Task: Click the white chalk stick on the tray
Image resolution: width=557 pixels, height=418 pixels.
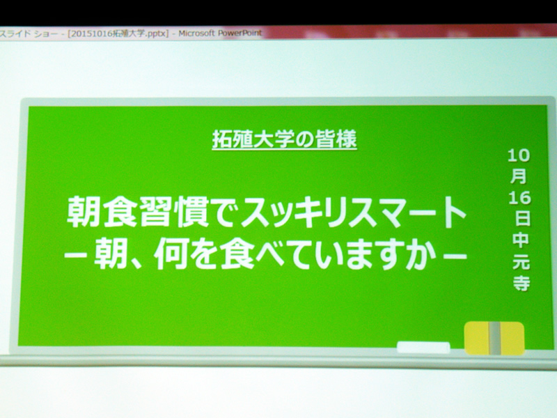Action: pyautogui.click(x=423, y=347)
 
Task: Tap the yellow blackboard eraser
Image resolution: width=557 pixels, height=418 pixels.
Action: pyautogui.click(x=494, y=338)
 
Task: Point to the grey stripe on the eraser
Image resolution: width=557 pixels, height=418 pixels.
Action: pyautogui.click(x=495, y=339)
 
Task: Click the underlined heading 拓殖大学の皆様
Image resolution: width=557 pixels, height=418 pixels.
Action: pyautogui.click(x=284, y=140)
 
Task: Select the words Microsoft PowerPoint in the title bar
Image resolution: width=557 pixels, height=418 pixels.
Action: pyautogui.click(x=220, y=33)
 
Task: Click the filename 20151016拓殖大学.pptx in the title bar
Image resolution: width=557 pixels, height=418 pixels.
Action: pyautogui.click(x=117, y=33)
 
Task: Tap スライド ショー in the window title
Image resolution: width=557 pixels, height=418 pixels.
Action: pyautogui.click(x=29, y=34)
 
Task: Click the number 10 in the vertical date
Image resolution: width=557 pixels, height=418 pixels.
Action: pyautogui.click(x=518, y=155)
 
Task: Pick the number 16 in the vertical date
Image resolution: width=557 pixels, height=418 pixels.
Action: pyautogui.click(x=519, y=198)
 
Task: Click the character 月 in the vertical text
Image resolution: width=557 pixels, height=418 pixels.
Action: pyautogui.click(x=519, y=176)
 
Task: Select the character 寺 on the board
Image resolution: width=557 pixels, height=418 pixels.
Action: pyautogui.click(x=521, y=282)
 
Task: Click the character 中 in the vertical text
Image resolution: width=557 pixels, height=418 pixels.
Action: pyautogui.click(x=520, y=240)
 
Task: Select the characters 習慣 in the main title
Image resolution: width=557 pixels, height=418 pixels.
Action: pyautogui.click(x=174, y=212)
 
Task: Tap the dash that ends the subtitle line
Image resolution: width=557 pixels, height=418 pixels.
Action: pyautogui.click(x=455, y=255)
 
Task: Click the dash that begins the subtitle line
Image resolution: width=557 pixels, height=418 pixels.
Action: pyautogui.click(x=75, y=255)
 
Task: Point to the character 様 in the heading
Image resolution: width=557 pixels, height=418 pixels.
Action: pyautogui.click(x=346, y=139)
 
